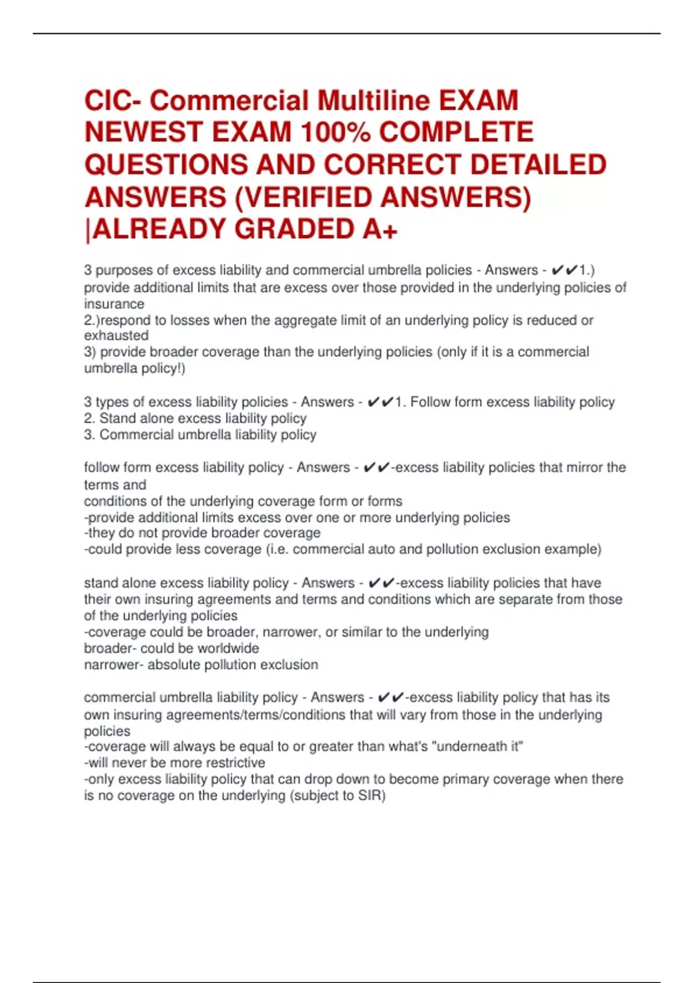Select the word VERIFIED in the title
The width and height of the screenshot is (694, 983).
pos(309,197)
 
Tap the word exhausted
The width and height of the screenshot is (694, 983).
pos(116,335)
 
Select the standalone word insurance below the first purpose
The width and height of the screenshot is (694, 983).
pos(114,304)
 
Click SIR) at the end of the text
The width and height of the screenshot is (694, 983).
pos(371,796)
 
